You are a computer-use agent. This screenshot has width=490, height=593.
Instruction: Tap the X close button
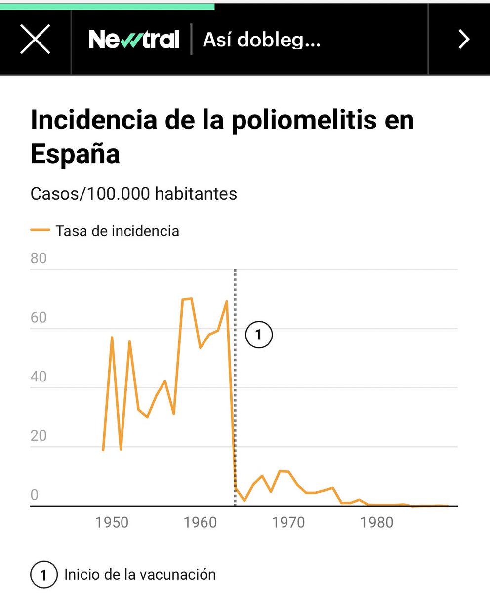[35, 39]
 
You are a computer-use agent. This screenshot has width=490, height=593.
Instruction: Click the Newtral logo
[134, 39]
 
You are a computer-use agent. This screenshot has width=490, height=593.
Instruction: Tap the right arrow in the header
[463, 39]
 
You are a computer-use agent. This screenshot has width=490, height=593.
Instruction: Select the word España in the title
[75, 154]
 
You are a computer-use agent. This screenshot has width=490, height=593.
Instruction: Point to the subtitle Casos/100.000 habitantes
[133, 194]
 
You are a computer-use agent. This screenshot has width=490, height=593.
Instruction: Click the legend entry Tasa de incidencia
[117, 231]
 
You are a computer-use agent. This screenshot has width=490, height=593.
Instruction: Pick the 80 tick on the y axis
[39, 259]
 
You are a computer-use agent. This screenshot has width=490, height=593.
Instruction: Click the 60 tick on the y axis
[39, 318]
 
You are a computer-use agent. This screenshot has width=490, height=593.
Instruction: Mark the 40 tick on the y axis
[39, 377]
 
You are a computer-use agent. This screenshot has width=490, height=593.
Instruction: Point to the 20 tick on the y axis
[39, 436]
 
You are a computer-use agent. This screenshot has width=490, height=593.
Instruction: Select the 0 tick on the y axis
[34, 496]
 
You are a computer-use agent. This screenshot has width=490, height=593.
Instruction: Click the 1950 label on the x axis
[112, 522]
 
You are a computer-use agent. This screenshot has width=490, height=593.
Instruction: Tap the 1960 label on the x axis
[201, 522]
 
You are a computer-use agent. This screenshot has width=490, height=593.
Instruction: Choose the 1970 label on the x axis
[289, 522]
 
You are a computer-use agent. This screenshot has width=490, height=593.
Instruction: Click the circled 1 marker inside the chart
[259, 335]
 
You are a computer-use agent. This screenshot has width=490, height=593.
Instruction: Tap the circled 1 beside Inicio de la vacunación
[43, 575]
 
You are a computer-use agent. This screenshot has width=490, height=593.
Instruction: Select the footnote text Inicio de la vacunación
[140, 575]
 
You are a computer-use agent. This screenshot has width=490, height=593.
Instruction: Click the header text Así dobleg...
[262, 40]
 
